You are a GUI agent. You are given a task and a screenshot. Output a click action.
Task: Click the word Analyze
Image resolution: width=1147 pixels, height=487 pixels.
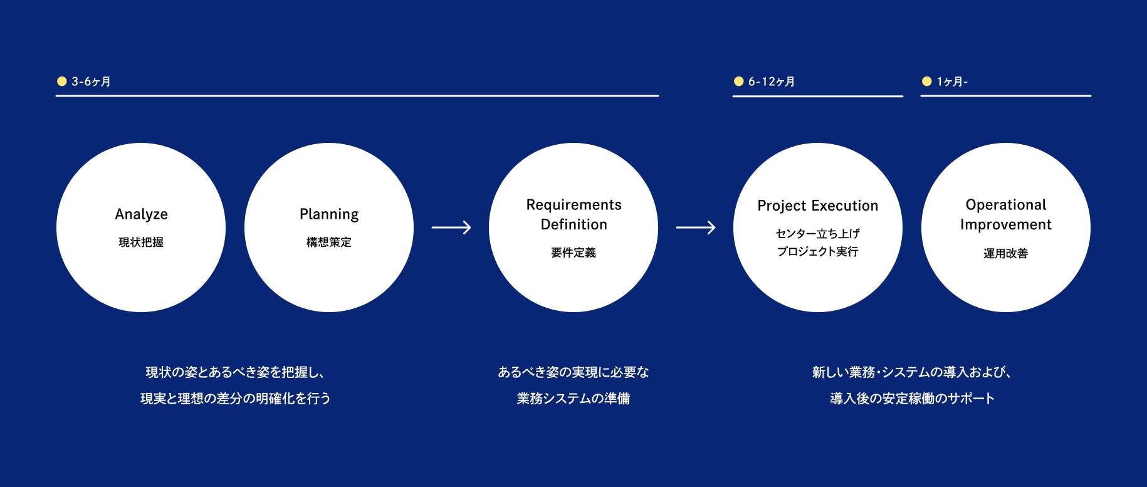point(141,214)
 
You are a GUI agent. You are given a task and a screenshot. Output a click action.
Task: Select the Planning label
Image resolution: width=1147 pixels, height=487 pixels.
point(329,214)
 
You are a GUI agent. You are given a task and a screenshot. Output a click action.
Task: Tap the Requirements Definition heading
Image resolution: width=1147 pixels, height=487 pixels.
point(573,214)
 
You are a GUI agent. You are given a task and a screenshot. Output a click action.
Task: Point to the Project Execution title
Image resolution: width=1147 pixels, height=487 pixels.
point(818,206)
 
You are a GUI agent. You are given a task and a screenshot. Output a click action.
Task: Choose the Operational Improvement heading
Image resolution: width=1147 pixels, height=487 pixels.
point(1006,214)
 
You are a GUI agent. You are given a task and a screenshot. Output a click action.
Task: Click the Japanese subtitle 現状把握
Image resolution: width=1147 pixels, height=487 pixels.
point(141,243)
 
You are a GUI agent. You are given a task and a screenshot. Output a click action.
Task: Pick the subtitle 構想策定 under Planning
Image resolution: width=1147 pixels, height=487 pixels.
point(329,243)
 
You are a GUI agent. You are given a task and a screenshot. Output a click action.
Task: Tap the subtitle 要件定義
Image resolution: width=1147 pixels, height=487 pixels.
point(573,253)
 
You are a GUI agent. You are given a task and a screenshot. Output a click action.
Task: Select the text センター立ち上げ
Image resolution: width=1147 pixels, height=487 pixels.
point(818,234)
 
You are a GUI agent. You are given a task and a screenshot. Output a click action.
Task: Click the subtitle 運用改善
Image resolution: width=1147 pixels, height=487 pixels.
point(1006,253)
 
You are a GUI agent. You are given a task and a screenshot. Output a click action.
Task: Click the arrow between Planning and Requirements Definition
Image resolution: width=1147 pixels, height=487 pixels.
point(451,228)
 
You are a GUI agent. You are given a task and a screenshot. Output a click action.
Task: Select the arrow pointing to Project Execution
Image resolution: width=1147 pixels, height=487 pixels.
point(696,228)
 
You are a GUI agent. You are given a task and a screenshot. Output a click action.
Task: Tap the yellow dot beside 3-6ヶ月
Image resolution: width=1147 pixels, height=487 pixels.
point(61,81)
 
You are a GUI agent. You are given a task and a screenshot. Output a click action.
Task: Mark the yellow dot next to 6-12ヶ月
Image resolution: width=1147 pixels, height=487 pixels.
point(738,81)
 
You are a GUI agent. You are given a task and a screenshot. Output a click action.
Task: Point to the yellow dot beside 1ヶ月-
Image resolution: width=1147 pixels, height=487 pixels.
point(926,81)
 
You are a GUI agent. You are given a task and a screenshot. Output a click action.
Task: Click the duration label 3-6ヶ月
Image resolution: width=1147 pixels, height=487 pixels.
point(91,81)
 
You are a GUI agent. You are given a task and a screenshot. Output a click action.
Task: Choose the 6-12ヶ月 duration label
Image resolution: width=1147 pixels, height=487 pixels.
point(772,81)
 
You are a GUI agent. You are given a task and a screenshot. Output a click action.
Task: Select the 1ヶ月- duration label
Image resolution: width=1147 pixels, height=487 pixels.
point(952,81)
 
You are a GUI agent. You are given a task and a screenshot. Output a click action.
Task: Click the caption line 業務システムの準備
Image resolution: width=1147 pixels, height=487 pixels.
point(573,399)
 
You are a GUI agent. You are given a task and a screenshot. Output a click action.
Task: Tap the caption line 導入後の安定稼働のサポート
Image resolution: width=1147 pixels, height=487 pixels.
point(912,399)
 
